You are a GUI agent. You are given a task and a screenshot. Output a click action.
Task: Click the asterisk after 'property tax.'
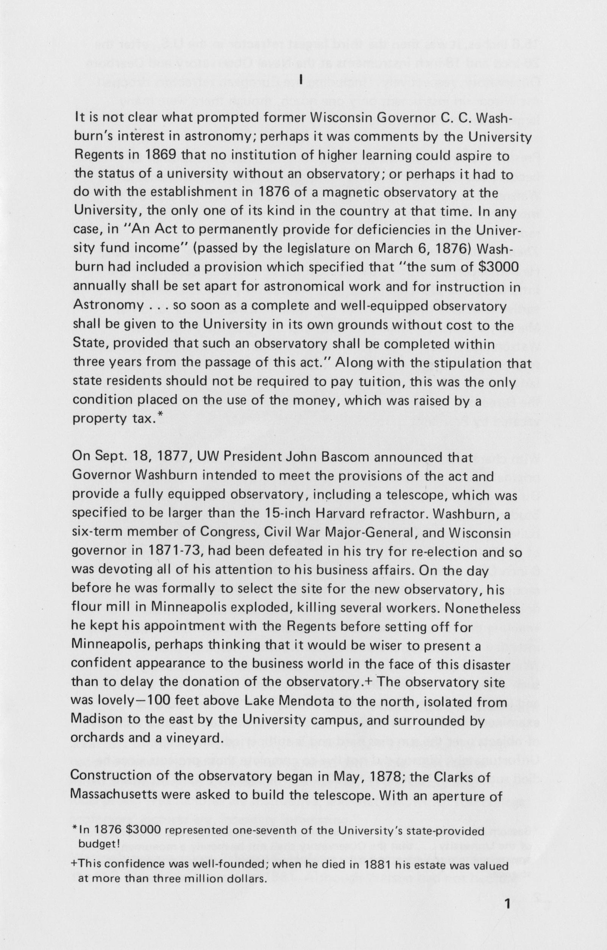pyautogui.click(x=159, y=417)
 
